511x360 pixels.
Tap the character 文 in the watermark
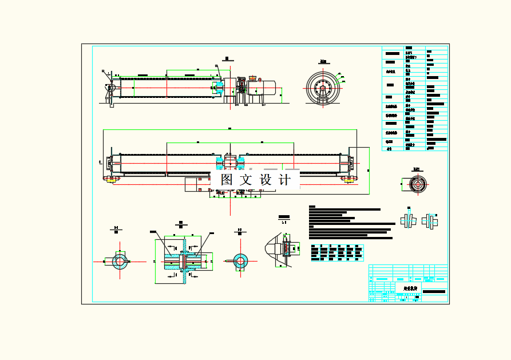[x=246, y=179]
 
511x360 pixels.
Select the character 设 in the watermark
[x=267, y=179]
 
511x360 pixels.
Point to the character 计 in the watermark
[x=285, y=179]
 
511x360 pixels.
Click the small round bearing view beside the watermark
[x=417, y=184]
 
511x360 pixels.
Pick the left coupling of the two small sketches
[x=409, y=220]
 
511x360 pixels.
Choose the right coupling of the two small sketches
[x=430, y=220]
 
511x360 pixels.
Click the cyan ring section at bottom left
[x=120, y=262]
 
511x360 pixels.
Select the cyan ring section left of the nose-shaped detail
[x=239, y=261]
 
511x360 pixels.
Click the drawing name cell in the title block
[x=408, y=288]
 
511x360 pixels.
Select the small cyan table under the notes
[x=336, y=253]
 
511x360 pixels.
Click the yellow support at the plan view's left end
[x=109, y=179]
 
